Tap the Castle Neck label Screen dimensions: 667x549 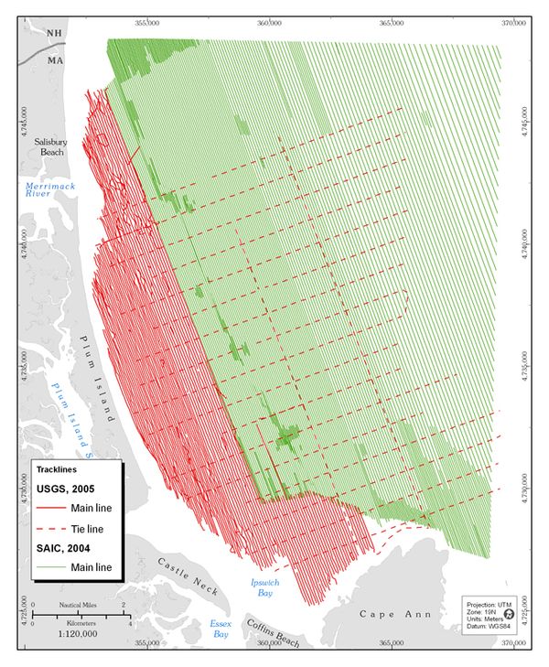pyautogui.click(x=187, y=576)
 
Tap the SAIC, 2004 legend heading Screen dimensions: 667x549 pyautogui.click(x=66, y=548)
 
